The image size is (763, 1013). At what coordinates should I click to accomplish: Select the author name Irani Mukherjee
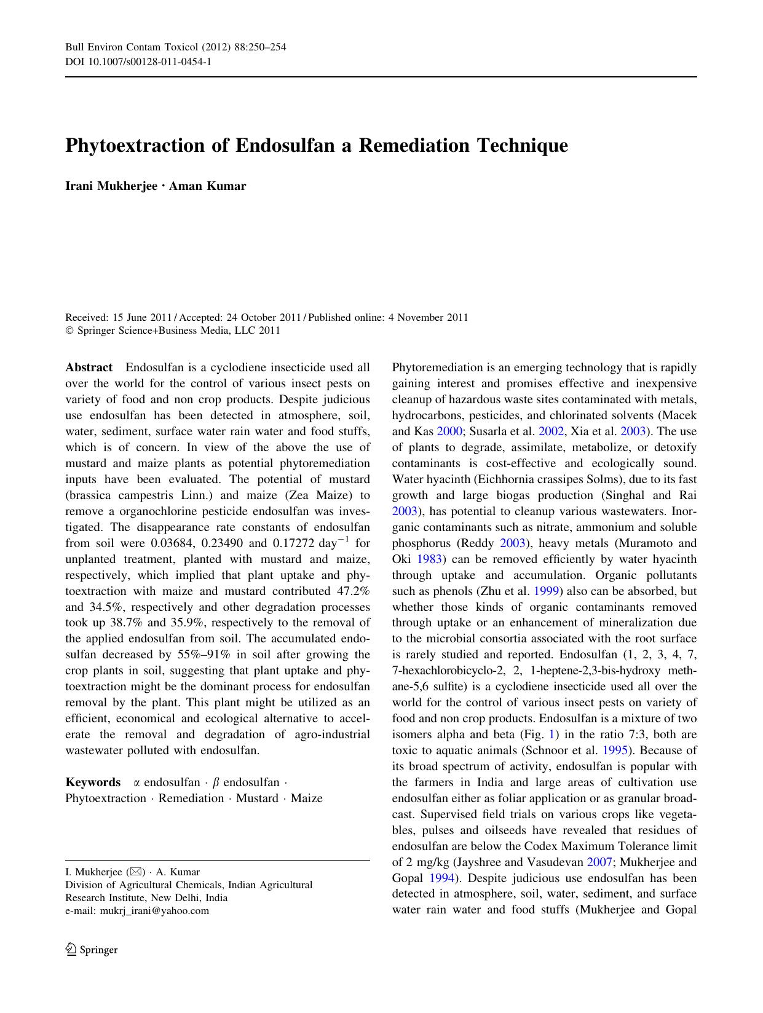pyautogui.click(x=111, y=186)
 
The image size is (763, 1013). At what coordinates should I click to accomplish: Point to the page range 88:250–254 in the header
pyautogui.click(x=259, y=47)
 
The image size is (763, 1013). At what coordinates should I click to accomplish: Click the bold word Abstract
pyautogui.click(x=89, y=368)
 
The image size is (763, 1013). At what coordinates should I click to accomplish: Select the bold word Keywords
pyautogui.click(x=93, y=782)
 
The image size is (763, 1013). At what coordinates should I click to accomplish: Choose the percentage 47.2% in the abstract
pyautogui.click(x=353, y=591)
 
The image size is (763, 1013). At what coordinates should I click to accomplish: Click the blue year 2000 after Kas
pyautogui.click(x=449, y=432)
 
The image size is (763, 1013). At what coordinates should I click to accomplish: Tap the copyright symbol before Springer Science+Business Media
pyautogui.click(x=69, y=331)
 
